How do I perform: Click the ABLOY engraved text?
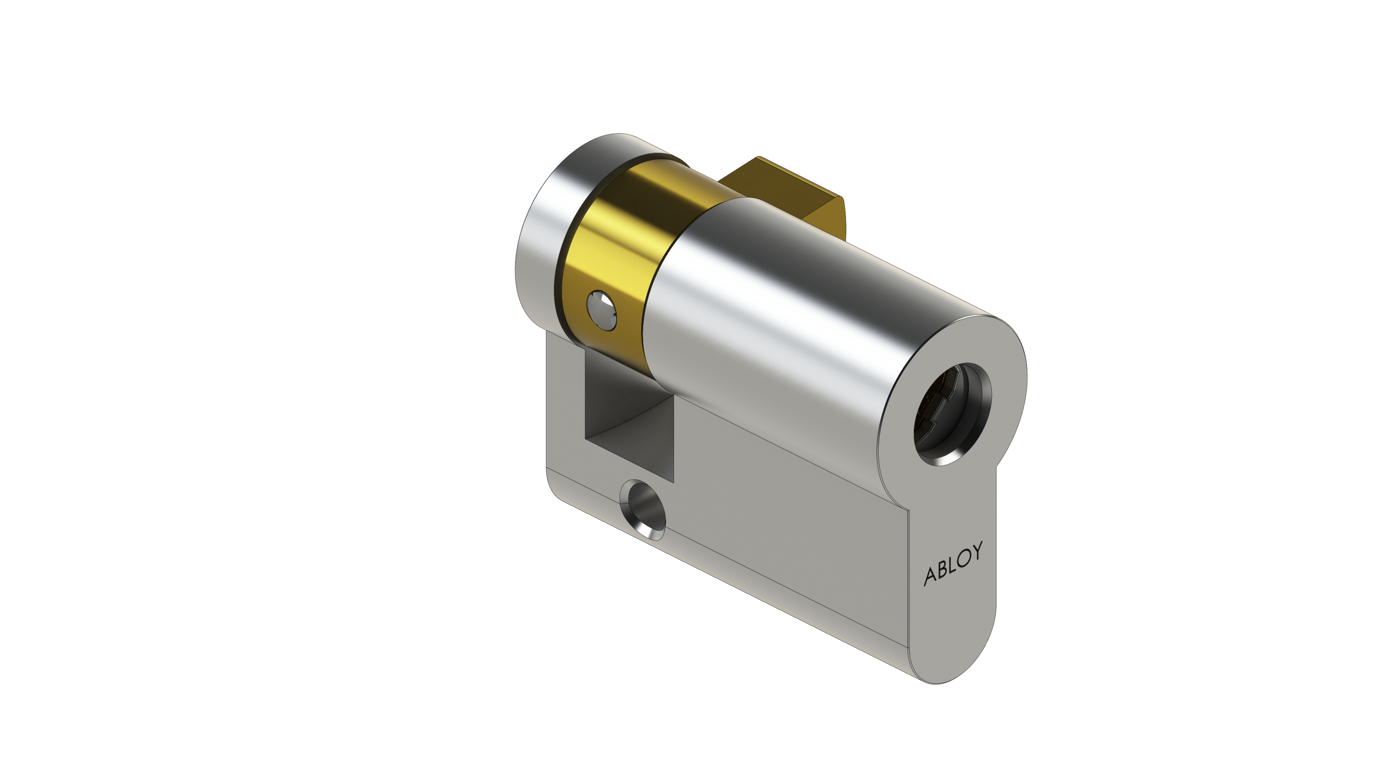click(x=953, y=563)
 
